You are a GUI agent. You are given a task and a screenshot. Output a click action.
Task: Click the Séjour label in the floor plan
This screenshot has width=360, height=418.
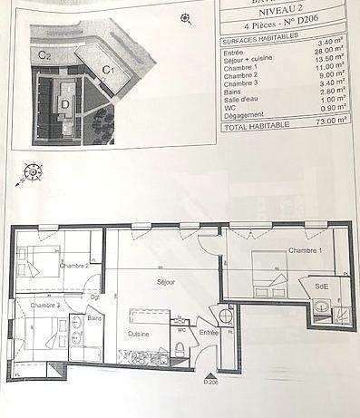165,282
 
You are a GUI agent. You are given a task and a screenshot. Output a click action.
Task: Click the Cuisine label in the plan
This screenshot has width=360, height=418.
139,335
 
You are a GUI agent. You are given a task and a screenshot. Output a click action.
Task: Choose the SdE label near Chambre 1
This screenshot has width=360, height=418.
321,287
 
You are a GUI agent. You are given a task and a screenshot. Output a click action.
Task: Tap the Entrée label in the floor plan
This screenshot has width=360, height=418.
209,333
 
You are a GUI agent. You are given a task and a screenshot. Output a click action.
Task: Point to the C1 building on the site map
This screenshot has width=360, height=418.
107,67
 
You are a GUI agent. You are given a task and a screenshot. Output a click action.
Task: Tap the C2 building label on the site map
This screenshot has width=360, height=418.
44,55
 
